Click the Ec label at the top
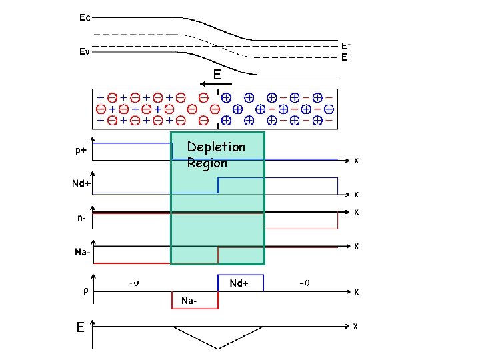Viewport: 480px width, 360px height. tap(85, 18)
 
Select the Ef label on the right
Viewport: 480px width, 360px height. tap(346, 46)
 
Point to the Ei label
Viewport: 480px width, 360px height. tap(345, 57)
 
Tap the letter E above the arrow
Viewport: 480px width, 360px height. tap(217, 74)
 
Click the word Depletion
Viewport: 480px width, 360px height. tap(216, 147)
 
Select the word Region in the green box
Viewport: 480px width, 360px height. tap(207, 163)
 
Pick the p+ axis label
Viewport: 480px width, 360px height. tap(79, 151)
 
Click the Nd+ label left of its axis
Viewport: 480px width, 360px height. tap(82, 184)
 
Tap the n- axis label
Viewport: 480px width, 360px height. tap(81, 217)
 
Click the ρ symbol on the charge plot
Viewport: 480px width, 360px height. tap(85, 291)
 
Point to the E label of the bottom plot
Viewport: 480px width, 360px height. tap(80, 327)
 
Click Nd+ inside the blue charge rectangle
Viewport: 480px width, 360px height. tap(239, 283)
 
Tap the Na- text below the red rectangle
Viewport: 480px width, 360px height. tap(189, 301)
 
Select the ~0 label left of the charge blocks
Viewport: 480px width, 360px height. tap(133, 283)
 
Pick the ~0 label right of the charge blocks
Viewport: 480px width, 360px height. tap(303, 283)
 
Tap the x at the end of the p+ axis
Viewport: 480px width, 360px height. tap(356, 161)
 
